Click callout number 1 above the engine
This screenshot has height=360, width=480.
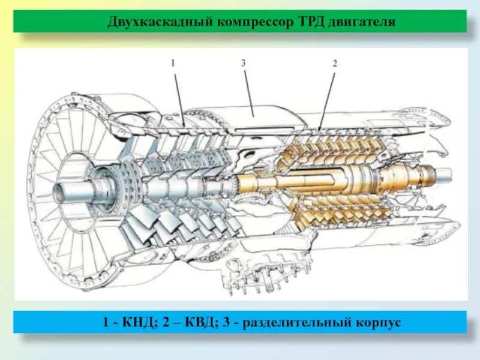point(172,62)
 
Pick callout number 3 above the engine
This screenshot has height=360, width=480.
point(243,62)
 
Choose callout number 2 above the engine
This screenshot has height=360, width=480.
point(335,62)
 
